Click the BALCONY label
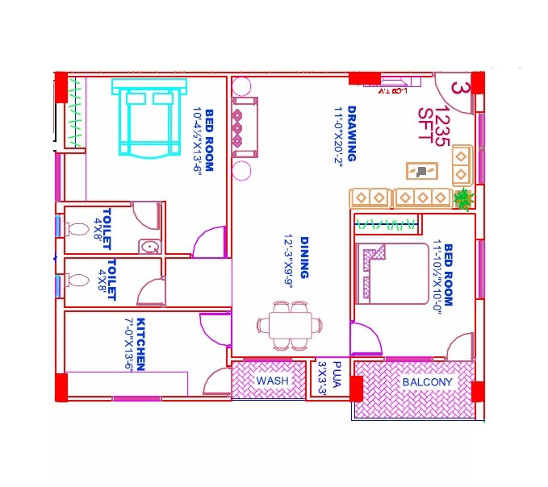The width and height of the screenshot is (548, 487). tap(428, 382)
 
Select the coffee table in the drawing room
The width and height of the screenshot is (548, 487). tap(423, 171)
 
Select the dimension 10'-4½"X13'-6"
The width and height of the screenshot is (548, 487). tap(197, 139)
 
